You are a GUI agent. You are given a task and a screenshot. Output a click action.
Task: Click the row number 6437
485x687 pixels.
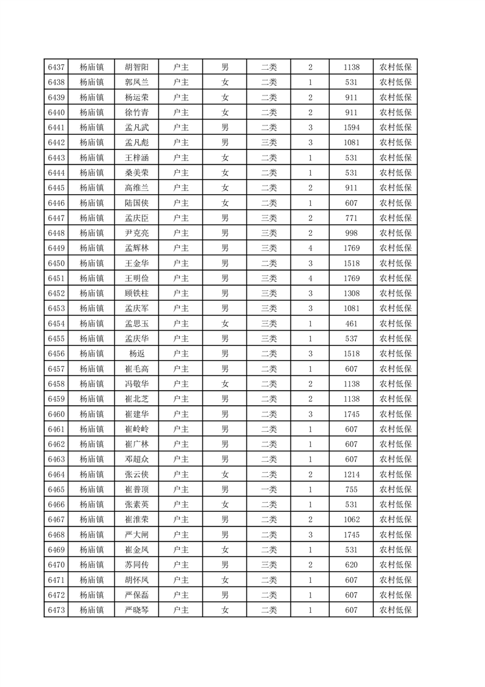56,67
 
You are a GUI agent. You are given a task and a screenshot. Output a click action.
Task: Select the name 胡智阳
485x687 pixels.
136,67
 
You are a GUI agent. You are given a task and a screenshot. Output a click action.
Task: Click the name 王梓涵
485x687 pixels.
136,157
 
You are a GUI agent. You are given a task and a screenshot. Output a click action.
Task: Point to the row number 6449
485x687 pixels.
56,247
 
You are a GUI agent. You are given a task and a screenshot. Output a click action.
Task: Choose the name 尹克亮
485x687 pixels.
136,233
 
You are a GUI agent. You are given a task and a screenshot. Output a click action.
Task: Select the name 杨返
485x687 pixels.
136,353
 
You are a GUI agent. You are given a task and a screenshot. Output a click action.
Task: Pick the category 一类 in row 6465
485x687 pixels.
269,487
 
